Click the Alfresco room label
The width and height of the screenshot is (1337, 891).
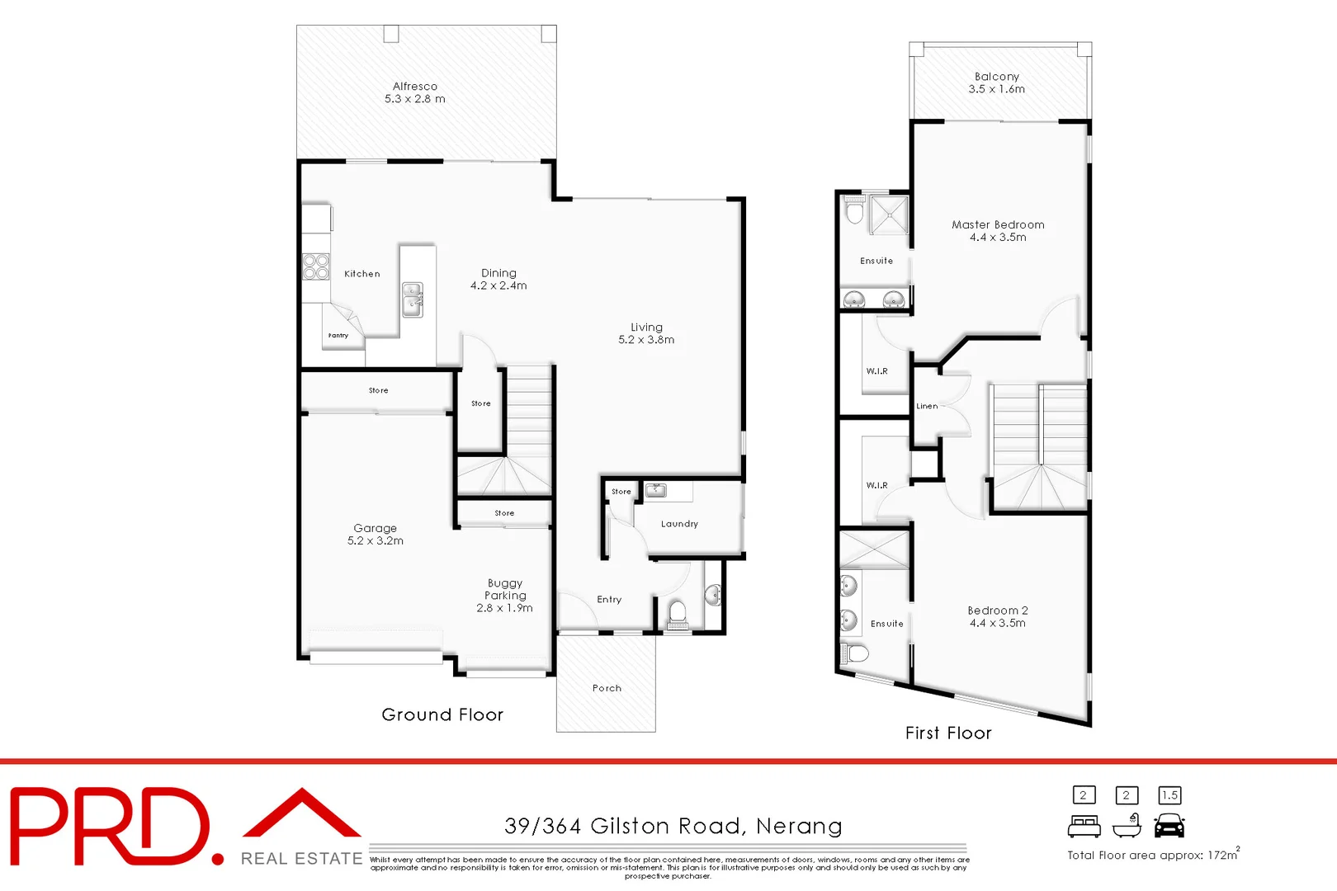pos(415,86)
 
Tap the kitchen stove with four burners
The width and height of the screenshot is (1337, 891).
pos(316,267)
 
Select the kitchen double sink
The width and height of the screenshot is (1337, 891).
pos(413,300)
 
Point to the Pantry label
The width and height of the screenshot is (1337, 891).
pos(338,336)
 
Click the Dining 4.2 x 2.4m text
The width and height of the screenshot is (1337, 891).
pos(498,279)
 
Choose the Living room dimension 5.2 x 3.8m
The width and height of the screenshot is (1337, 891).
pos(646,340)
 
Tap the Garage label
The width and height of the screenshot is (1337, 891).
pos(376,528)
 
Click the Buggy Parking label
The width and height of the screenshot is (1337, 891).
pos(505,589)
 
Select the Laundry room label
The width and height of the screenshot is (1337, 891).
pos(679,524)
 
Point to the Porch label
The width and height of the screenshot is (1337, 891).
pos(607,688)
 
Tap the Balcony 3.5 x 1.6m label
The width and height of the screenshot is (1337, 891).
pos(997,82)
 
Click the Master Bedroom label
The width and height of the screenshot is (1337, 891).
pos(998,224)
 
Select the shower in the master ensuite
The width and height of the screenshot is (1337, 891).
pos(889,215)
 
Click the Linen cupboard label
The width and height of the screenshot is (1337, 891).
pos(927,406)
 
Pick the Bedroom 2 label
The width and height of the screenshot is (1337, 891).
pos(998,610)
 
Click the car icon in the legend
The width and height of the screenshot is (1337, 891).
pos(1169,825)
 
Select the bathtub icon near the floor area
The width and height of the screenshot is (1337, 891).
pos(1127,825)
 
